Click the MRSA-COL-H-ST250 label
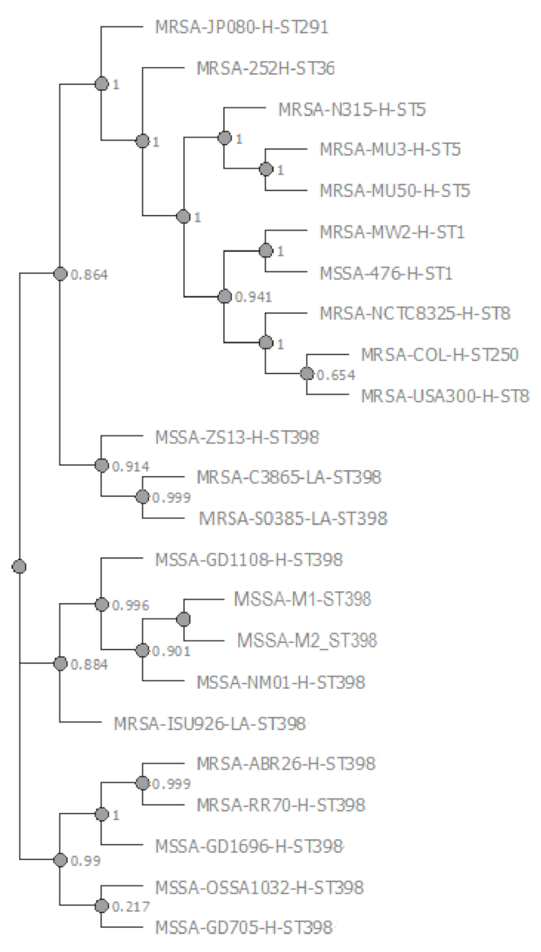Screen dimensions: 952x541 [440, 355]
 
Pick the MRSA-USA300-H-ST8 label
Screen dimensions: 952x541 [445, 395]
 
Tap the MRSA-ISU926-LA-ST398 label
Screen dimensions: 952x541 [210, 722]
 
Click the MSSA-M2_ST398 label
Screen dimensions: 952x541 [307, 639]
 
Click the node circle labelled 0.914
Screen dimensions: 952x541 [101, 465]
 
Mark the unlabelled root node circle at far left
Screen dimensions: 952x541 [20, 566]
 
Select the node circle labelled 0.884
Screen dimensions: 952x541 [60, 663]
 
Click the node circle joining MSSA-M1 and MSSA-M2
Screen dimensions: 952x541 [183, 618]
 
